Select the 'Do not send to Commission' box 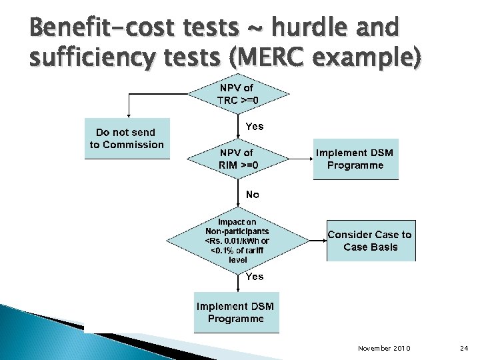[x=127, y=139]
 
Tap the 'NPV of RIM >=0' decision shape [x=239, y=159]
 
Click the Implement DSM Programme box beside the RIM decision [x=355, y=159]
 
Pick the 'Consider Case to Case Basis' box [x=371, y=241]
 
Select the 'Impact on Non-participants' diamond [x=238, y=240]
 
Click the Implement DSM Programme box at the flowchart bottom [x=236, y=312]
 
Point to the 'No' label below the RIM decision [x=253, y=195]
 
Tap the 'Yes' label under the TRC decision [x=255, y=126]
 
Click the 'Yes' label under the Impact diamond [x=255, y=276]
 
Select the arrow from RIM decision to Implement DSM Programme [x=301, y=159]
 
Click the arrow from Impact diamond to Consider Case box [x=316, y=240]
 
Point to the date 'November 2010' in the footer [x=384, y=349]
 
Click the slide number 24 [x=465, y=349]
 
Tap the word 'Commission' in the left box [x=135, y=145]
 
